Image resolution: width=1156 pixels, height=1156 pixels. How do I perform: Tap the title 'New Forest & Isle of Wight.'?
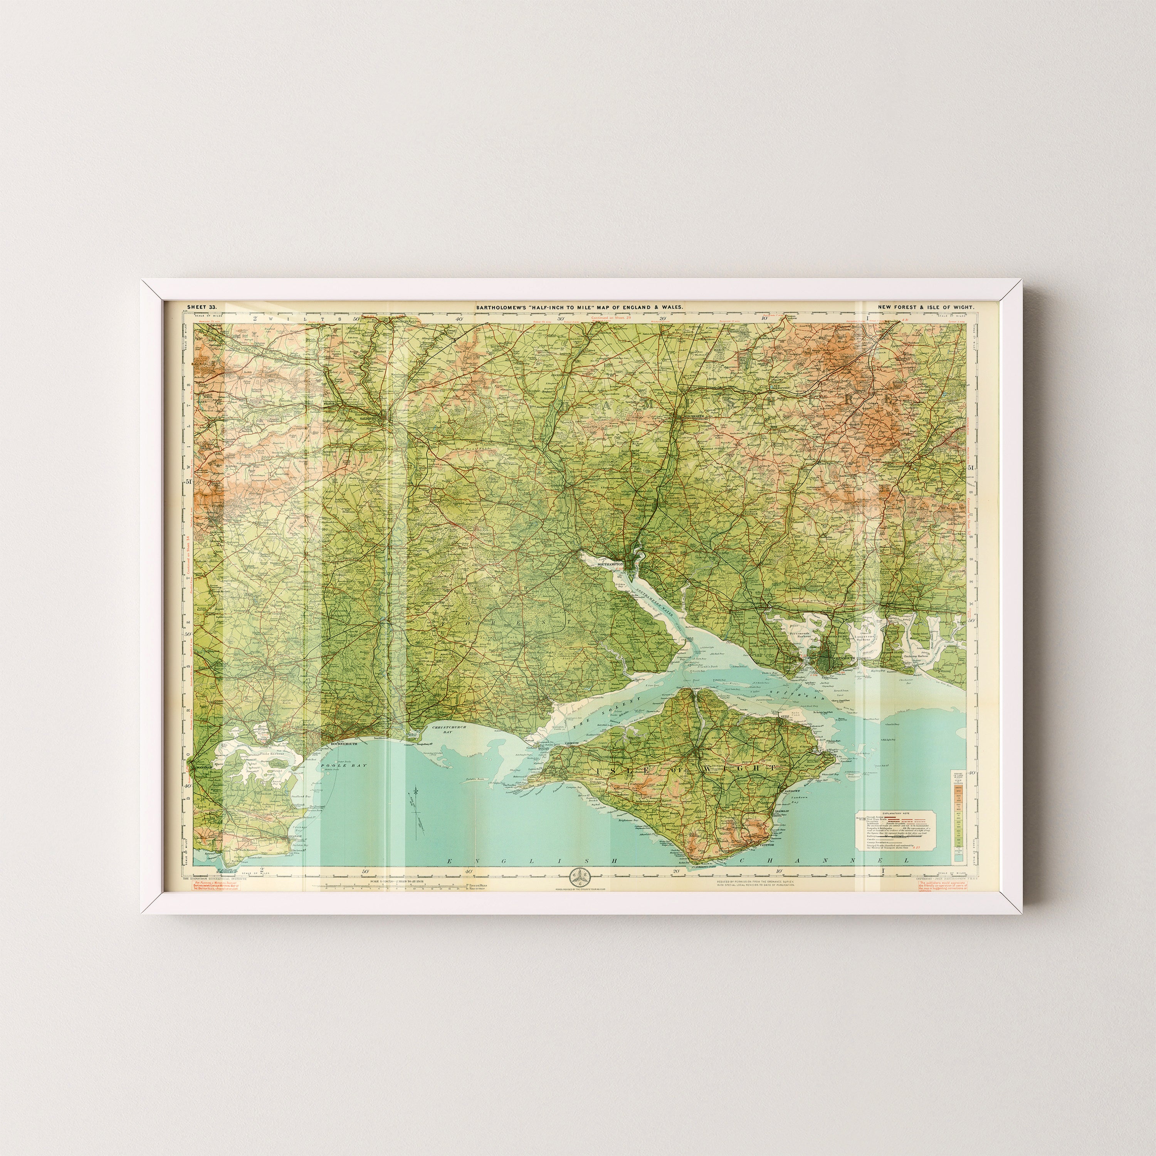point(926,307)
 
